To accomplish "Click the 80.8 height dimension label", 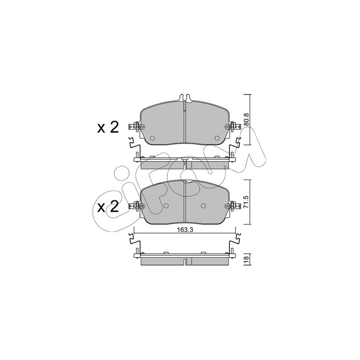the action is (246, 120).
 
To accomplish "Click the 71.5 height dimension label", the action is (246, 202).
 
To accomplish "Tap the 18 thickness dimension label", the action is (246, 261).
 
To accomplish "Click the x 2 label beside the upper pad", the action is (108, 127).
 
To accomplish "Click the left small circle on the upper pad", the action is (152, 138).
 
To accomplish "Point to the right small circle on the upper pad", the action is (217, 138).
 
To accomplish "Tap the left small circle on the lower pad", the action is (166, 206).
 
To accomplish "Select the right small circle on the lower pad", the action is (203, 206).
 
